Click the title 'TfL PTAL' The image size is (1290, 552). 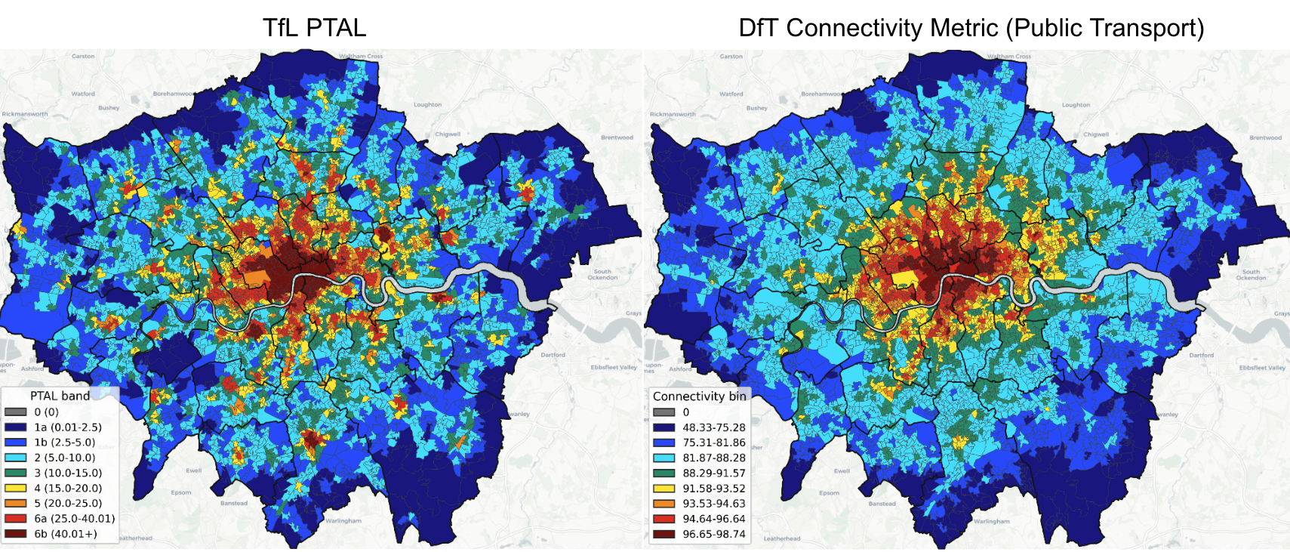tap(314, 28)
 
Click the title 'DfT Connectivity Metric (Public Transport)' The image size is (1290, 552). tap(971, 28)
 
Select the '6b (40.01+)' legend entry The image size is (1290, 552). tap(66, 534)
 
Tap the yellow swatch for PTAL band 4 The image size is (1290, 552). tap(16, 488)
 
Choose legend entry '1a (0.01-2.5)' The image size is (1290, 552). tap(68, 427)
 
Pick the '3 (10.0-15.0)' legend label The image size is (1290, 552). tap(68, 473)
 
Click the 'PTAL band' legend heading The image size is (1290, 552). tap(60, 396)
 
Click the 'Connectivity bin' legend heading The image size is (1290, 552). tap(699, 396)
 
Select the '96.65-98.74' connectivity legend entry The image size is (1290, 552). tap(713, 534)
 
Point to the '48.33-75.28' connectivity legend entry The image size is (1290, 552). tap(713, 427)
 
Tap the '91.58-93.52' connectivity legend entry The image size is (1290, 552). tap(713, 489)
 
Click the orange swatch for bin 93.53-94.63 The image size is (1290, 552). tap(664, 504)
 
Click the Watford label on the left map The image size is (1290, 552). tap(83, 94)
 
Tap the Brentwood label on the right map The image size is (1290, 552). tap(1265, 138)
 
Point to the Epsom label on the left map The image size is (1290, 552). tap(181, 492)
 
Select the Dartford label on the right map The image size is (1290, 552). tap(1201, 355)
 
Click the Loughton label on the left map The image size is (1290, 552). tap(427, 105)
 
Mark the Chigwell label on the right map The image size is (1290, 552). tap(1095, 134)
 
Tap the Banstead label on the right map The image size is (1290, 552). tap(882, 504)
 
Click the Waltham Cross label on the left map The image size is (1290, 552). tap(361, 57)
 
